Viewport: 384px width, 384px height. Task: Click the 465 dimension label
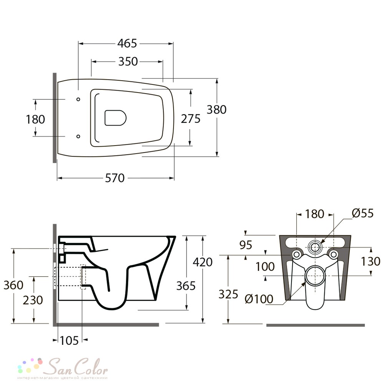(127, 44)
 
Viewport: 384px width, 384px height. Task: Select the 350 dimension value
(128, 61)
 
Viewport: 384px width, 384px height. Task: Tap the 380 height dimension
(217, 109)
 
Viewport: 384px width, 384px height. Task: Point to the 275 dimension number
(190, 119)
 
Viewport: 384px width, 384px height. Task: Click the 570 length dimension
(114, 178)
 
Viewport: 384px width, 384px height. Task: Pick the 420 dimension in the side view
(202, 262)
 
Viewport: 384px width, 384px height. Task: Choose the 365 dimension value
(186, 286)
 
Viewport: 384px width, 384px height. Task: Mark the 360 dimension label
(13, 285)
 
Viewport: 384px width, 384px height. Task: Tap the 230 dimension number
(33, 300)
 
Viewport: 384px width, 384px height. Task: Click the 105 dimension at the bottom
(69, 340)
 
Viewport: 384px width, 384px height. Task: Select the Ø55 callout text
(363, 213)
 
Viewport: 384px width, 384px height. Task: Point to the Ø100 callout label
(259, 299)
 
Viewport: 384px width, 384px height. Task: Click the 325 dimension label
(228, 294)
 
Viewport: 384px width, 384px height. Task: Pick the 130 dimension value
(371, 261)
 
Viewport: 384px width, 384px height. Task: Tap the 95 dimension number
(246, 245)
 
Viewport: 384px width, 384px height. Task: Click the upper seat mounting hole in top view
(78, 99)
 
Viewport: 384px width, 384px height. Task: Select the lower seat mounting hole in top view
(78, 136)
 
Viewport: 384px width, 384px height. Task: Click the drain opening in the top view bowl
(115, 118)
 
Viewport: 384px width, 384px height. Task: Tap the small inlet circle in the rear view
(315, 247)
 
